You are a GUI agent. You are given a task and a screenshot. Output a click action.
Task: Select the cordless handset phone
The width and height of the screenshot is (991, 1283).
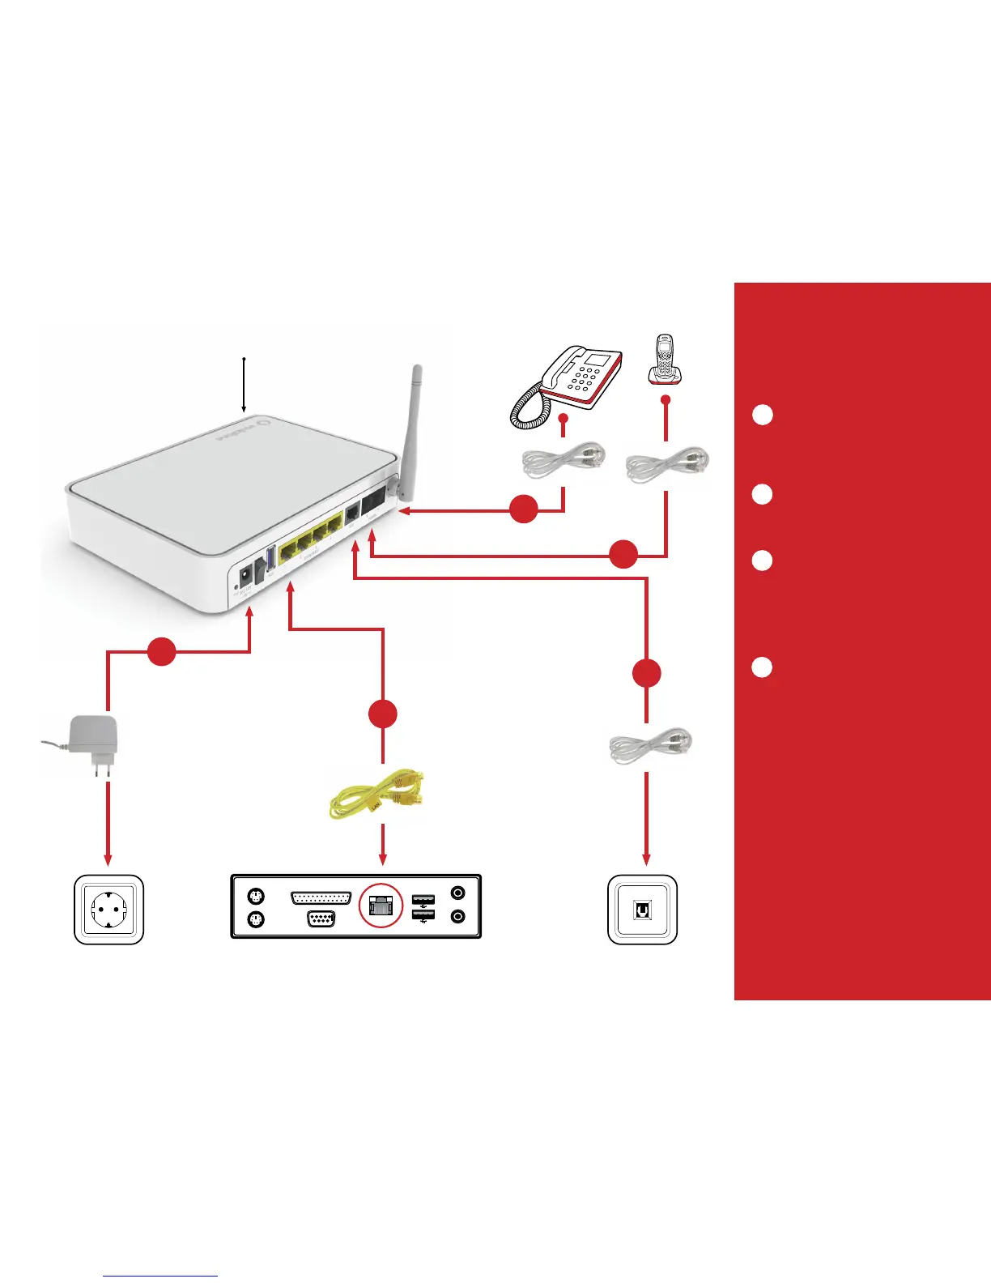[x=665, y=361]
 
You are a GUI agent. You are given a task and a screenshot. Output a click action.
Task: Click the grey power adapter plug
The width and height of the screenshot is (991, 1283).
[x=93, y=741]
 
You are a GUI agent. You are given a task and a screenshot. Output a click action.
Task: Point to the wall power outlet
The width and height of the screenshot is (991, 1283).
[x=108, y=910]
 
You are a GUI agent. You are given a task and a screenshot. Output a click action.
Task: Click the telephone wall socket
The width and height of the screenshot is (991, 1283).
[x=642, y=910]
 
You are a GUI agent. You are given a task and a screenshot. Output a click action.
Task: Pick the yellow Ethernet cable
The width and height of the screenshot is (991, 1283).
[x=378, y=795]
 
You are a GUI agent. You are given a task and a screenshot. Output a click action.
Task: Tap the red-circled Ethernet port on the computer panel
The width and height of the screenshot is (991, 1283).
[x=381, y=905]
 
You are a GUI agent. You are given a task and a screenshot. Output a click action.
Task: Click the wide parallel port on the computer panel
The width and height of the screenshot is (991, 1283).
[x=321, y=897]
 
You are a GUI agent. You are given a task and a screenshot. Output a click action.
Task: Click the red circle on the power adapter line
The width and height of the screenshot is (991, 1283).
[x=162, y=651]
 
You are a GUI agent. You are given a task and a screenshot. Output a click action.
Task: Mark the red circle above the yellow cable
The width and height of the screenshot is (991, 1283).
[x=383, y=714]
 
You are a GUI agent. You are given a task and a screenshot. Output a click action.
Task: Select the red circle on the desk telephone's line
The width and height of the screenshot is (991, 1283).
[x=524, y=509]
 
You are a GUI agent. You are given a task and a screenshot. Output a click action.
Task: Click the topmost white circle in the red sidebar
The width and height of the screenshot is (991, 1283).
[x=762, y=415]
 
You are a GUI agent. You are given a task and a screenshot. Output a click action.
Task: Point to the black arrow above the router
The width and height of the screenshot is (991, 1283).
[x=244, y=386]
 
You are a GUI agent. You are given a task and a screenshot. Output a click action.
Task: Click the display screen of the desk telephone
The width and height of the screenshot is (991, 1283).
[x=599, y=360]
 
